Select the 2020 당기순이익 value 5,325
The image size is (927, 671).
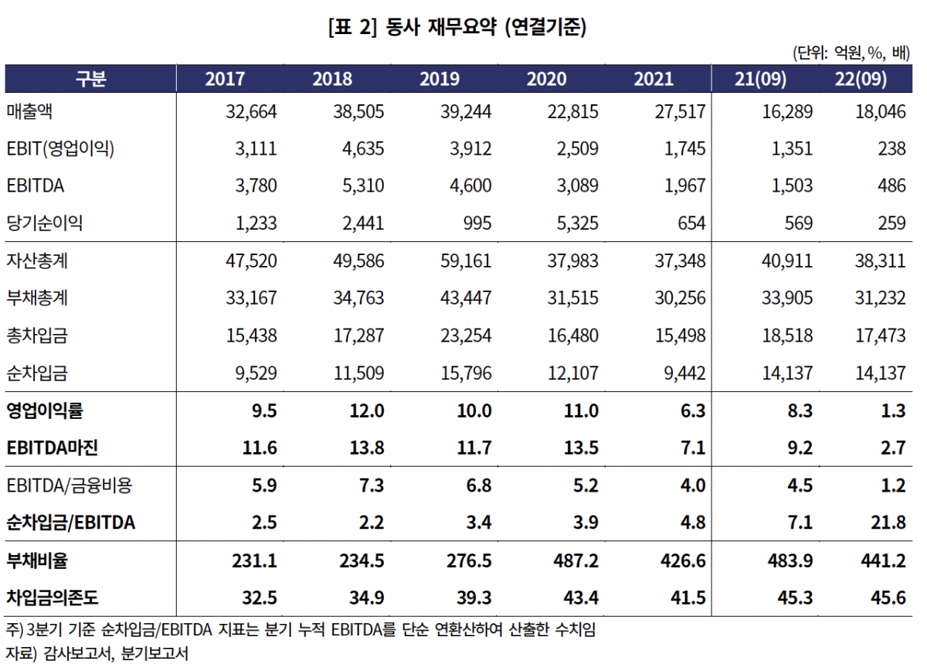tap(572, 223)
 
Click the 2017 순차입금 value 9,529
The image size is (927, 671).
tap(256, 373)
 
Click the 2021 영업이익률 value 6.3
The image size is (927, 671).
tap(692, 411)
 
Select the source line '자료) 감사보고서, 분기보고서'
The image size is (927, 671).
tap(97, 653)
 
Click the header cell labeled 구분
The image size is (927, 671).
tap(90, 79)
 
